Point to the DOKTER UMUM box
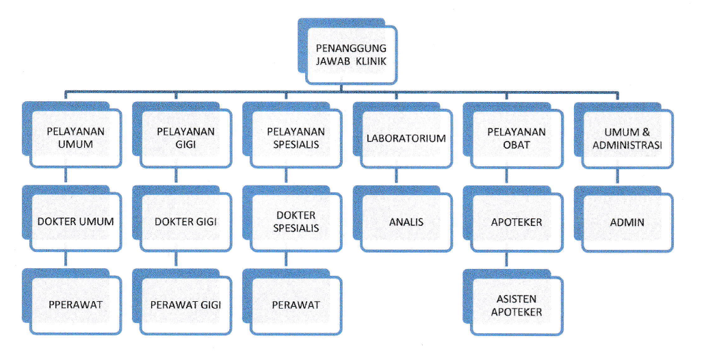(70, 222)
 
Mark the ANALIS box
(406, 222)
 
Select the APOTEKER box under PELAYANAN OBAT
(517, 222)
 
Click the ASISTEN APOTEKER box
(517, 305)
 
